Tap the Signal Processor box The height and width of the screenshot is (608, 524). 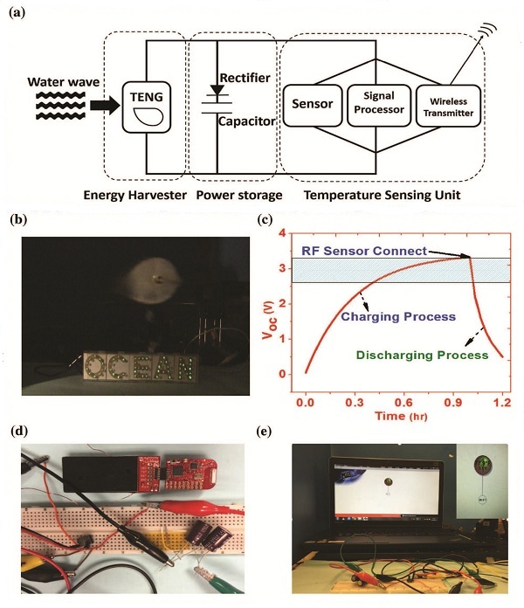[378, 104]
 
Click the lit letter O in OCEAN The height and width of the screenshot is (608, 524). [97, 367]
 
